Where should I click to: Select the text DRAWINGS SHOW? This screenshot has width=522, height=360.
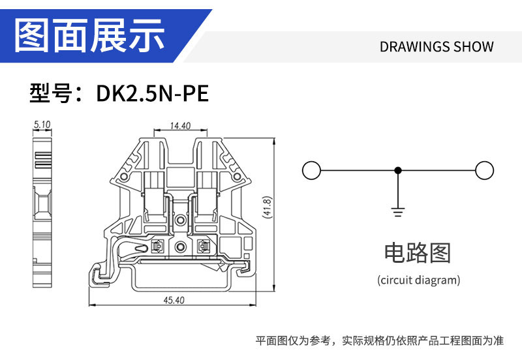point(436,47)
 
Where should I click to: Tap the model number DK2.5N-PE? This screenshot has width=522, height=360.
point(152,94)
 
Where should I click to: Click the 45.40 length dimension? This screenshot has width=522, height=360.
point(174,300)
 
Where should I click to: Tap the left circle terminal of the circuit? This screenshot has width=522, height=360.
point(311,171)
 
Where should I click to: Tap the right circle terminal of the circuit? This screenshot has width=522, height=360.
point(484,171)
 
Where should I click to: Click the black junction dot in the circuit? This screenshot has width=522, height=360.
point(397,171)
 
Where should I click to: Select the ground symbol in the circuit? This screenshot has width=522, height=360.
point(397,211)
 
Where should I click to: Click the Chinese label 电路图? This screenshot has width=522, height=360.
point(418,252)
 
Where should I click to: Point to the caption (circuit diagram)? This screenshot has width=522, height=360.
point(418,280)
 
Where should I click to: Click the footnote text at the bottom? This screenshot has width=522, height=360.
point(379,340)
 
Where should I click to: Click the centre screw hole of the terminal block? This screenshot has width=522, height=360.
point(181,248)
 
